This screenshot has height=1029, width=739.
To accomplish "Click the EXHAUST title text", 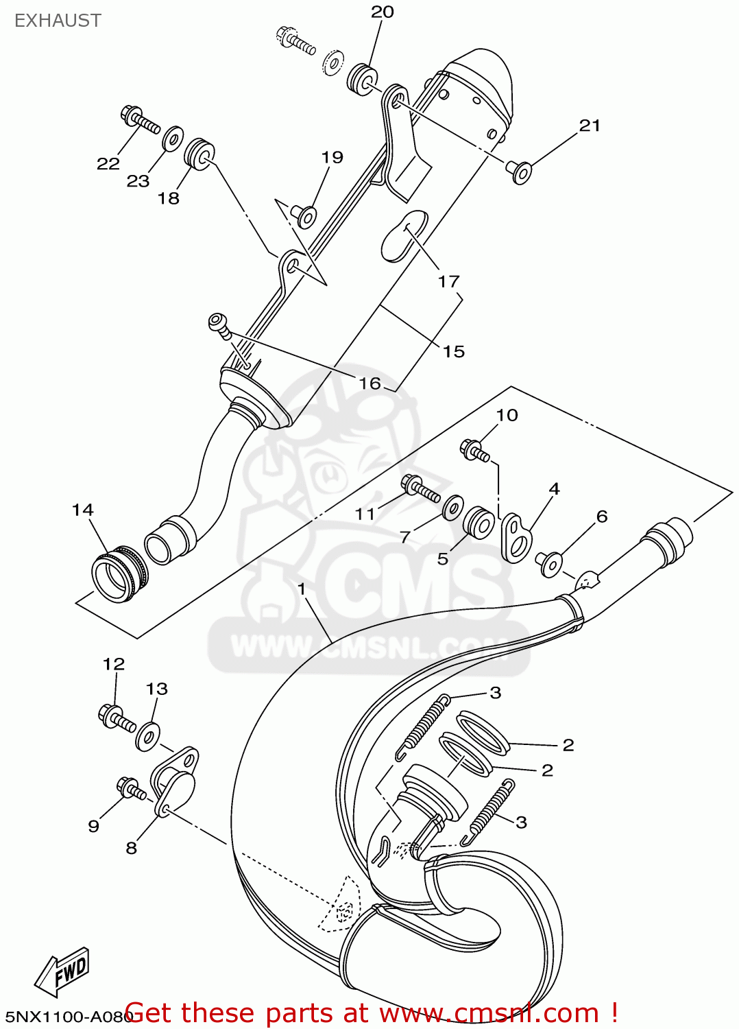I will pyautogui.click(x=58, y=21).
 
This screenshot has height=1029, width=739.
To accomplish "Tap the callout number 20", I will pyautogui.click(x=383, y=12).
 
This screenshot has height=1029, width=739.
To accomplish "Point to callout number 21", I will pyautogui.click(x=590, y=126).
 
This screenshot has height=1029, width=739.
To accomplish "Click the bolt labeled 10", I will pyautogui.click(x=474, y=451).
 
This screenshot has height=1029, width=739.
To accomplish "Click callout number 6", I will pyautogui.click(x=602, y=517).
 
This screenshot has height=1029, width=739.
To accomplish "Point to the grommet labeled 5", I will pyautogui.click(x=478, y=523).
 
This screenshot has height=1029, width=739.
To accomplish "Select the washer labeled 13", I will pyautogui.click(x=147, y=736).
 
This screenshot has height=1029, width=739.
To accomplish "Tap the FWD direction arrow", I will pyautogui.click(x=62, y=971).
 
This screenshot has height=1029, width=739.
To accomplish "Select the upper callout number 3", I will pyautogui.click(x=495, y=693).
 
